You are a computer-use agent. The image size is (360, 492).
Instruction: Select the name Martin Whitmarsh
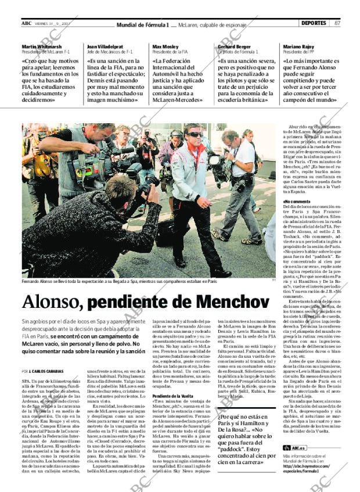tap(41, 46)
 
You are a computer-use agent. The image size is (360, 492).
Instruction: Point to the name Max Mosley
tap(165, 46)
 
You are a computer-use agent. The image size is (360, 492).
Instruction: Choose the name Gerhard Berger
tap(233, 46)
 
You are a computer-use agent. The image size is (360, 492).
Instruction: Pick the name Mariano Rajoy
tap(299, 46)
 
